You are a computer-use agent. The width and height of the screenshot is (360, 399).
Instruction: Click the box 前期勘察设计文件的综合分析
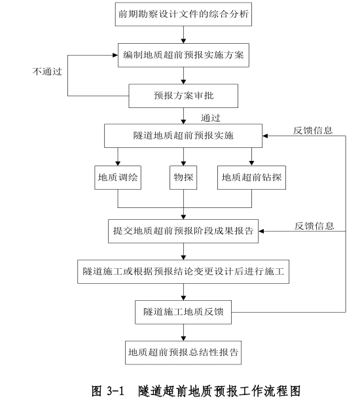(183, 14)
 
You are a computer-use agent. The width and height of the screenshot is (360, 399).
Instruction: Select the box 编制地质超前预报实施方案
(183, 55)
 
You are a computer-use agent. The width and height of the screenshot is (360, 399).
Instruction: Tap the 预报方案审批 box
(183, 96)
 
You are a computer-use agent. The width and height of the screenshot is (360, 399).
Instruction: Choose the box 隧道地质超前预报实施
(183, 135)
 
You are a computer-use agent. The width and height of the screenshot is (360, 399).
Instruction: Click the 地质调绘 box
(118, 177)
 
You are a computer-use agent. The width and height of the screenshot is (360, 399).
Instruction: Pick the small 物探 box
(183, 177)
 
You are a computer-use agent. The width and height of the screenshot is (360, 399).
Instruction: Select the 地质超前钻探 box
(251, 177)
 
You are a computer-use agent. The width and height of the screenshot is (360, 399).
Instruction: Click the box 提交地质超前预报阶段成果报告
(183, 231)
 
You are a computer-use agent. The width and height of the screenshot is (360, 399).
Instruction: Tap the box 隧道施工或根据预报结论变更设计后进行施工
(183, 271)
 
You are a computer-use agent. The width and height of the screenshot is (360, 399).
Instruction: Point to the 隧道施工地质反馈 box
(183, 312)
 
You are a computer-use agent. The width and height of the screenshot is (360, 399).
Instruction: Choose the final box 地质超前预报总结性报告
(183, 353)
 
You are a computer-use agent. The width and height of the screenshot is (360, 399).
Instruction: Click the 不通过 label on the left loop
(47, 71)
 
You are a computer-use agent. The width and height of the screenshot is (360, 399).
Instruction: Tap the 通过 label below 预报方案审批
(211, 118)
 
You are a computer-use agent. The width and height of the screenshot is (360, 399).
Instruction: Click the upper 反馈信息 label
(313, 131)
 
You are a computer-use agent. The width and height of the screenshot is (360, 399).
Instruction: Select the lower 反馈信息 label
(314, 226)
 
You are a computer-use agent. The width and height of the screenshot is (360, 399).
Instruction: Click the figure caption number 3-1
(115, 390)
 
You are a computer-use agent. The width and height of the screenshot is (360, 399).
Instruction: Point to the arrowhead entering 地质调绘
(118, 163)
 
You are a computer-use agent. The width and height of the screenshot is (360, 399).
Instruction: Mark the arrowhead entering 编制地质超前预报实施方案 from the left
(115, 55)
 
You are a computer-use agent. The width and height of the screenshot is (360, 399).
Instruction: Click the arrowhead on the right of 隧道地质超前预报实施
(265, 136)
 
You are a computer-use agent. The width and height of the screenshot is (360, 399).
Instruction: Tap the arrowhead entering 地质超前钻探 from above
(251, 163)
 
